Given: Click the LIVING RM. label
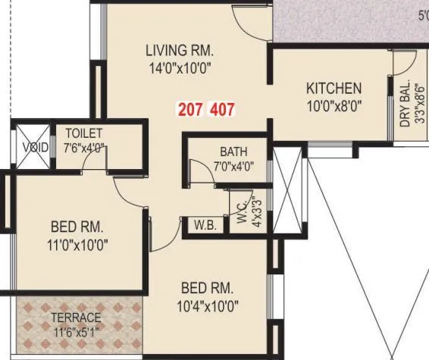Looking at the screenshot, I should (180, 51).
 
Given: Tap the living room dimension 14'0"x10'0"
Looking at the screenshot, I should (180, 67).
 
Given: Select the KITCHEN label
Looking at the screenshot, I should (333, 89).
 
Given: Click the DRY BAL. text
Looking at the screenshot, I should (405, 104).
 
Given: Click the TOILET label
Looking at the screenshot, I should (78, 133).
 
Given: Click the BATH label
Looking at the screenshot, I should (233, 151).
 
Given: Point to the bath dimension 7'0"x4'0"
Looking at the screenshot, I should (233, 165).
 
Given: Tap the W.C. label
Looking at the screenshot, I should (237, 204).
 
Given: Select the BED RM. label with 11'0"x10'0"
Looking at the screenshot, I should (77, 227).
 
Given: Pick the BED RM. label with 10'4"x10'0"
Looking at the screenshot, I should (207, 289).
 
